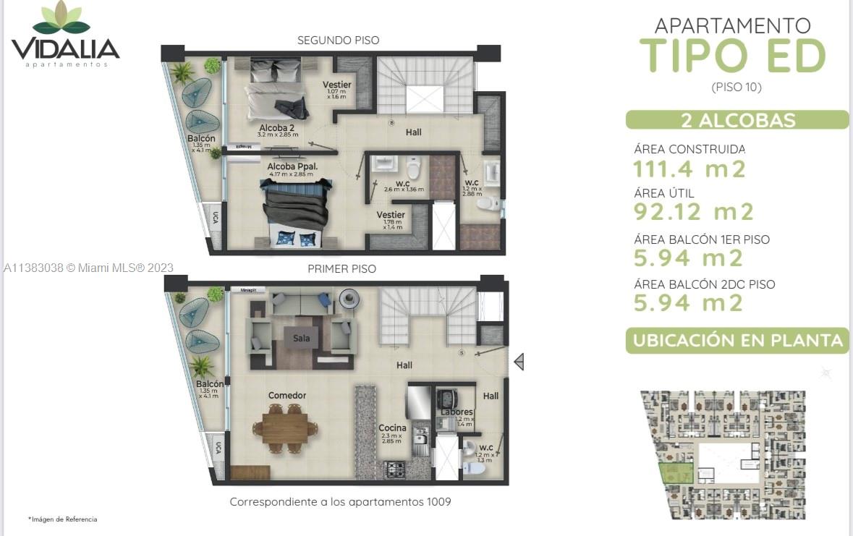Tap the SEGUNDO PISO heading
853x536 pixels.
(x=338, y=41)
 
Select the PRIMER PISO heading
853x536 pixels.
(x=341, y=268)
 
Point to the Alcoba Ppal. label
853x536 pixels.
(x=293, y=166)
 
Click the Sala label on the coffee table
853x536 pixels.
(x=302, y=338)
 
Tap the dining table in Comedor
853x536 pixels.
(x=289, y=426)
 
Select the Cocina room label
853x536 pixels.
(x=392, y=427)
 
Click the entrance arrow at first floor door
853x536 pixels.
(x=518, y=361)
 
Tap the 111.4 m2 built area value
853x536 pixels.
(x=689, y=169)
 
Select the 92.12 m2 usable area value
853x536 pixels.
(x=693, y=212)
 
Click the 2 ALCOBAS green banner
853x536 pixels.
(x=737, y=120)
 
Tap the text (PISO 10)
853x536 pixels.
(x=737, y=87)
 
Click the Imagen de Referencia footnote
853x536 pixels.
(x=63, y=519)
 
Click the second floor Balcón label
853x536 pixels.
(x=201, y=138)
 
